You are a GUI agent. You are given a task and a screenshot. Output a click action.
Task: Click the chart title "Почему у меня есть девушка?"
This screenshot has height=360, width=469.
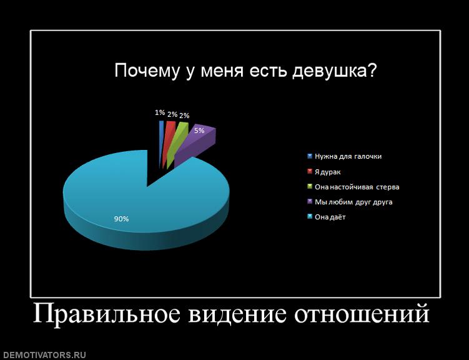click(245, 71)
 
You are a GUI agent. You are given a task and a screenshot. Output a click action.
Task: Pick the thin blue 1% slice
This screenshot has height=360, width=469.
click(161, 141)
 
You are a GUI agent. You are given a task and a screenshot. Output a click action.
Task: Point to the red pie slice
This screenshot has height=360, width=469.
click(169, 141)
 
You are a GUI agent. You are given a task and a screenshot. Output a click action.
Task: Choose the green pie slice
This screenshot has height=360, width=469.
click(177, 141)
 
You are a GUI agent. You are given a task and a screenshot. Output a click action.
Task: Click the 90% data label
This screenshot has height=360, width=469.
click(121, 219)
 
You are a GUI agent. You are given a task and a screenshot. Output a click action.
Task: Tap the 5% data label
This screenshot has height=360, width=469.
click(199, 131)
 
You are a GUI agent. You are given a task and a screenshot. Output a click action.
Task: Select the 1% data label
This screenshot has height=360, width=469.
click(160, 112)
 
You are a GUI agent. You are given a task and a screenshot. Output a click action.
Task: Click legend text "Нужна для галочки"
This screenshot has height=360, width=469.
click(348, 156)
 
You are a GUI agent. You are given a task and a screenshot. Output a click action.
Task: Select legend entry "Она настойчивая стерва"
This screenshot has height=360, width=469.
click(357, 187)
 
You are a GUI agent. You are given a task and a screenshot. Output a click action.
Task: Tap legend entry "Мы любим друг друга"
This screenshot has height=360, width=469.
click(353, 202)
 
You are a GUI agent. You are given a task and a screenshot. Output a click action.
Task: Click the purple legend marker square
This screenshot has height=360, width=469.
click(310, 201)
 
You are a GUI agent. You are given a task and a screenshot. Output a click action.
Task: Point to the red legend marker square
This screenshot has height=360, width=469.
click(310, 171)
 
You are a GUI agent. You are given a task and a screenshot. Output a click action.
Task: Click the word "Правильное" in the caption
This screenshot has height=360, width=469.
click(107, 313)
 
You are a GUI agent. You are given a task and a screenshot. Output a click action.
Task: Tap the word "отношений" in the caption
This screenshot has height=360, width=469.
click(362, 313)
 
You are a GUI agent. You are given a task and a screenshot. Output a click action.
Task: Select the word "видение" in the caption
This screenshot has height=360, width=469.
click(237, 314)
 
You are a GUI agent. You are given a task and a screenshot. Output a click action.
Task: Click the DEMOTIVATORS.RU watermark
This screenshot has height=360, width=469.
click(43, 355)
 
